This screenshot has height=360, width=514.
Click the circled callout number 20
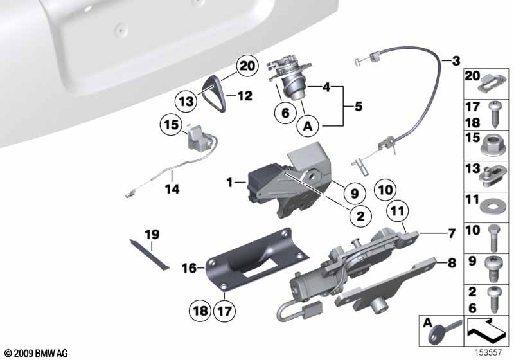(247, 66)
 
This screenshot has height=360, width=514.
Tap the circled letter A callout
(308, 125)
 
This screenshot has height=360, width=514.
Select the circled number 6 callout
(285, 113)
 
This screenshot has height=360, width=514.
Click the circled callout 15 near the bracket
(171, 125)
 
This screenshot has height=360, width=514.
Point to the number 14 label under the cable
(172, 189)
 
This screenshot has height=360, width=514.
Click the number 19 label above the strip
(152, 235)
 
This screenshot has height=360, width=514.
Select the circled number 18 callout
(200, 310)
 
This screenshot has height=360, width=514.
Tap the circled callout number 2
(360, 216)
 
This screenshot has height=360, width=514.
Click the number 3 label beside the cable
(456, 60)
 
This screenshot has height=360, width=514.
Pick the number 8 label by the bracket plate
(452, 263)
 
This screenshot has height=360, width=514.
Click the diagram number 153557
(488, 352)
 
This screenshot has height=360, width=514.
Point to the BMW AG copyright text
(37, 353)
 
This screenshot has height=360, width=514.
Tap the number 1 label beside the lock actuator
(229, 182)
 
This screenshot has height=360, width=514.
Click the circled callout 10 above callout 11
(385, 190)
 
